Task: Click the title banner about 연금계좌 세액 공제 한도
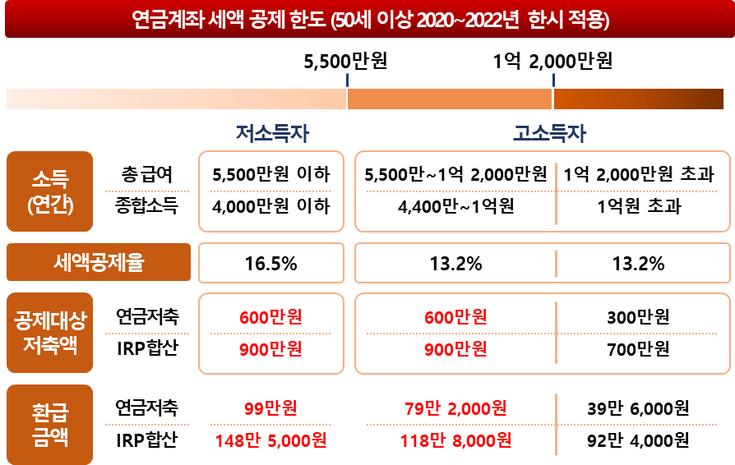(367, 19)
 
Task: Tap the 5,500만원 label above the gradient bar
(345, 62)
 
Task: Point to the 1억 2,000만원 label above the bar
(552, 62)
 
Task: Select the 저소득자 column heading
(271, 133)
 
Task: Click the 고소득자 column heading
(549, 133)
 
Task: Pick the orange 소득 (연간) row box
(50, 191)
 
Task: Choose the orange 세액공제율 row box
(99, 264)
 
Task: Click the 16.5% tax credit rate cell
(270, 264)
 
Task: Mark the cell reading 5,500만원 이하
(270, 175)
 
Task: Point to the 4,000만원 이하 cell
(270, 205)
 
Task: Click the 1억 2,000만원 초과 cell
(638, 175)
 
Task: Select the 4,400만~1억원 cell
(455, 205)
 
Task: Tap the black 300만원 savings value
(639, 316)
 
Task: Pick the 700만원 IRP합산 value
(639, 348)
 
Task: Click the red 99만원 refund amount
(270, 408)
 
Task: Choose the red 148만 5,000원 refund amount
(270, 440)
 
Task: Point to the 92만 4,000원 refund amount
(639, 440)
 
